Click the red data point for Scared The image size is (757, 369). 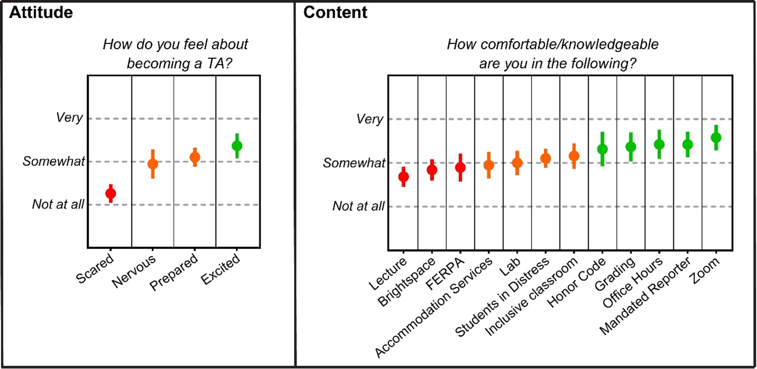pyautogui.click(x=111, y=194)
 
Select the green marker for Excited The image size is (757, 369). pyautogui.click(x=237, y=145)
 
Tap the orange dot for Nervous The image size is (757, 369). pyautogui.click(x=153, y=164)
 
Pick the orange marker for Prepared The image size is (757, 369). pyautogui.click(x=195, y=157)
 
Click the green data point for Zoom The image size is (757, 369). pyautogui.click(x=716, y=137)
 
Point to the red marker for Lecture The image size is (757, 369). pyautogui.click(x=403, y=177)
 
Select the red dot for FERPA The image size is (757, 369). pyautogui.click(x=460, y=168)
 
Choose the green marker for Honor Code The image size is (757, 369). pyautogui.click(x=602, y=149)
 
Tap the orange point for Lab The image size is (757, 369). pyautogui.click(x=517, y=163)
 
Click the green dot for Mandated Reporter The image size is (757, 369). pyautogui.click(x=688, y=144)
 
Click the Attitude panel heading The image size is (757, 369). pyautogui.click(x=41, y=12)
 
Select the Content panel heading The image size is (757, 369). pyautogui.click(x=335, y=12)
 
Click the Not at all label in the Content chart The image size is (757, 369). pyautogui.click(x=358, y=206)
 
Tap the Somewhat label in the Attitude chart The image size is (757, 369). pyautogui.click(x=54, y=161)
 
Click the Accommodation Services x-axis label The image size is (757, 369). pyautogui.click(x=434, y=306)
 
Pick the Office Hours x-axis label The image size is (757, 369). pyautogui.click(x=633, y=282)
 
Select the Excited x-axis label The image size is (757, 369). pyautogui.click(x=220, y=269)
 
